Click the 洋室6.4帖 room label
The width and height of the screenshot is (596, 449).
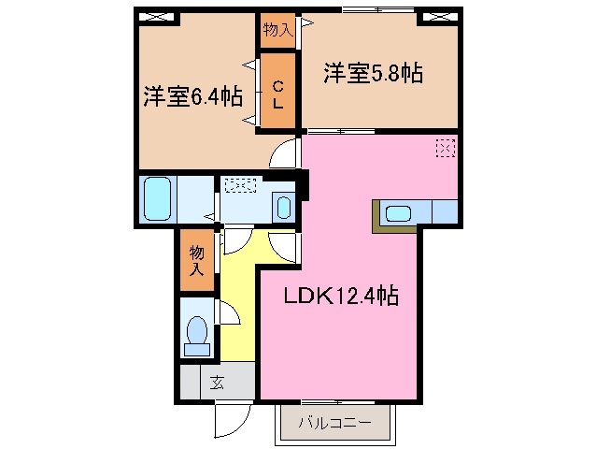click(x=193, y=95)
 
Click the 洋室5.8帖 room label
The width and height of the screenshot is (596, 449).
click(x=373, y=73)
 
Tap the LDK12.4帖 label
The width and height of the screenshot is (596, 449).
click(x=342, y=297)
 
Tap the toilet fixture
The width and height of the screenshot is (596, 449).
click(x=198, y=334)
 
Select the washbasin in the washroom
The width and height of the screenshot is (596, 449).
click(x=284, y=206)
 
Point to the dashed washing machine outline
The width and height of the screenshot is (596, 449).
click(x=240, y=186)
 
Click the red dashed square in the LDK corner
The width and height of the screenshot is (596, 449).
click(x=446, y=147)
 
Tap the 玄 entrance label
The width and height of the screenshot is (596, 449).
click(x=217, y=382)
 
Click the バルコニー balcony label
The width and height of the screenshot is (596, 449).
click(x=334, y=423)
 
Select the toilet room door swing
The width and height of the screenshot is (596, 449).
click(x=230, y=314)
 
